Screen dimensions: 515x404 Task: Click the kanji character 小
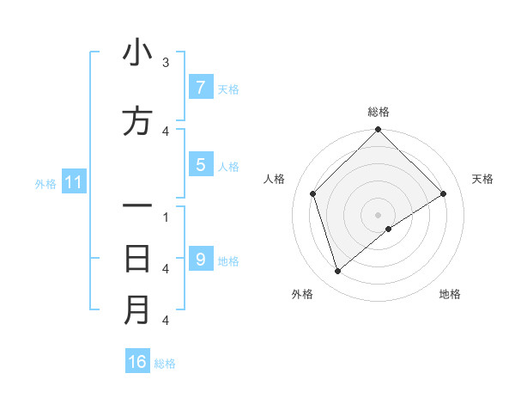(x=137, y=53)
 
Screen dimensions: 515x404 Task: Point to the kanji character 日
(x=137, y=258)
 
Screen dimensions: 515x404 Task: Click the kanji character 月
(x=137, y=310)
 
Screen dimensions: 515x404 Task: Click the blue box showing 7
(x=200, y=87)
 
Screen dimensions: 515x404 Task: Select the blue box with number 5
(x=200, y=164)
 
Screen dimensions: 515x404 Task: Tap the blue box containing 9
(x=200, y=259)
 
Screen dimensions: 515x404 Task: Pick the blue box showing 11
(x=73, y=182)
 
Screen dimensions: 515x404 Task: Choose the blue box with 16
(x=137, y=362)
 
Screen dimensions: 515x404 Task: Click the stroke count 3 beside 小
(x=166, y=63)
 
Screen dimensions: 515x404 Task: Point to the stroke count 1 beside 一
(x=166, y=217)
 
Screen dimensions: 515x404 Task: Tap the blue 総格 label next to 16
(x=165, y=364)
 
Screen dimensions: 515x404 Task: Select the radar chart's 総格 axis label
(x=378, y=112)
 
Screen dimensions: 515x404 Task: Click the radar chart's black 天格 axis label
(x=482, y=179)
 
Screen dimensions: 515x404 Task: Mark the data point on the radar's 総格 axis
(x=378, y=131)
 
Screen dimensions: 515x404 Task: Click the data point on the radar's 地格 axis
(x=389, y=229)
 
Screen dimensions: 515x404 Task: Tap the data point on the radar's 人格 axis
(x=313, y=193)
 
